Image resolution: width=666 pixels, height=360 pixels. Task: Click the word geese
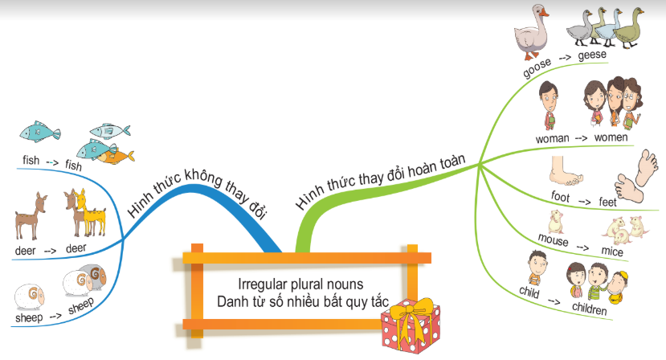(x=592, y=55)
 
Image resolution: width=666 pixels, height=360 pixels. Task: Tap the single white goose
(x=531, y=32)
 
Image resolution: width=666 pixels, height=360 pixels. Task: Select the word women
(x=611, y=137)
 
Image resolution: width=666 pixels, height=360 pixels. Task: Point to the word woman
(x=552, y=138)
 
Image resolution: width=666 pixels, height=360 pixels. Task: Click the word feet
(x=607, y=202)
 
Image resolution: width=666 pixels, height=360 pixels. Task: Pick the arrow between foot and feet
(x=584, y=202)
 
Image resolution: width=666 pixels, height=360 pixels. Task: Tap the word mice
(x=612, y=251)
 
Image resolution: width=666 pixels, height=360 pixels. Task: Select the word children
(x=590, y=309)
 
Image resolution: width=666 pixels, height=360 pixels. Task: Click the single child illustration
(x=537, y=267)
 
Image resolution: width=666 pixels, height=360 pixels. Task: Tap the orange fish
(x=116, y=157)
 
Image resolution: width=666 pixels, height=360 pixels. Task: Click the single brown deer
(x=31, y=216)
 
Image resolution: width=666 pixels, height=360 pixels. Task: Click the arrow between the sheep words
(x=55, y=316)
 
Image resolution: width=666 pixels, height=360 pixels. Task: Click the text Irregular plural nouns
(x=300, y=284)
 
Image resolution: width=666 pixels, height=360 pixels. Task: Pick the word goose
(x=537, y=68)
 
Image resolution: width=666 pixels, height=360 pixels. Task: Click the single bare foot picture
(x=565, y=171)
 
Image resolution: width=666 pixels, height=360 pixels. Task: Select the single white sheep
(x=29, y=297)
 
